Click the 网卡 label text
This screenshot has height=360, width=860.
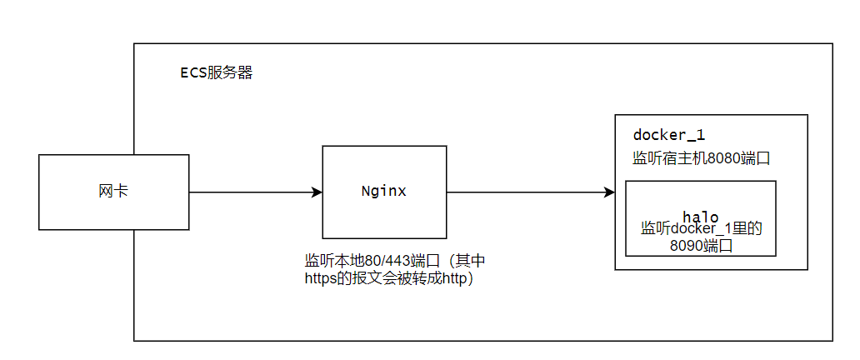point(113,192)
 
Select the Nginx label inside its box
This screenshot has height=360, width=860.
point(384,192)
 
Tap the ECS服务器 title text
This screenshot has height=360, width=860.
point(217,73)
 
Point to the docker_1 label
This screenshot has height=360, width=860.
point(668,135)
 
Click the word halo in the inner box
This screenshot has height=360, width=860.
point(700,216)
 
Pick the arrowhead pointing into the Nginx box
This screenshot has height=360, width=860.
point(317,192)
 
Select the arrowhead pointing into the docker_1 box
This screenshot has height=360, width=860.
point(609,192)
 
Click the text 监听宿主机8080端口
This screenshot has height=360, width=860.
point(702,158)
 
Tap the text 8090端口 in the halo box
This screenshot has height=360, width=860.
point(701,245)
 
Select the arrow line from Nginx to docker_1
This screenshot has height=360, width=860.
point(530,192)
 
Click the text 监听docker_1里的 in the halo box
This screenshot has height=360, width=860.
point(702,229)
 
